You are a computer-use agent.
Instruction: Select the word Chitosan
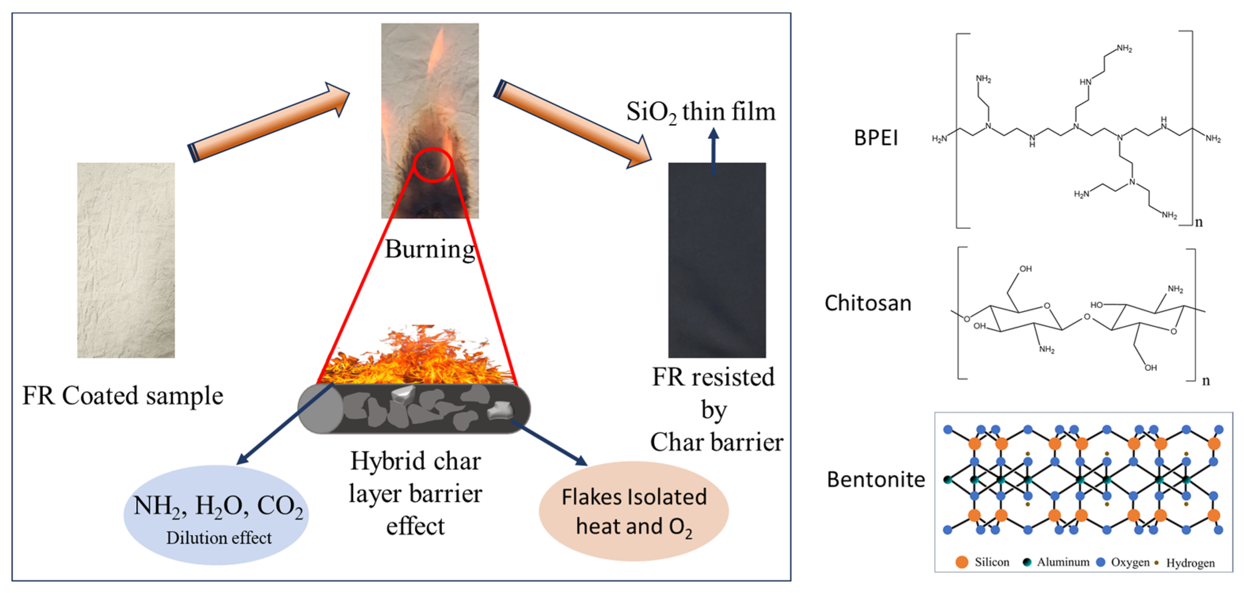pyautogui.click(x=868, y=303)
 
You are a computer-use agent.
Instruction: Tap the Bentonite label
pyautogui.click(x=876, y=480)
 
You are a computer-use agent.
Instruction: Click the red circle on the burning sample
pyautogui.click(x=432, y=165)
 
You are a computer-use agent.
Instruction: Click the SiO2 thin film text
pyautogui.click(x=701, y=112)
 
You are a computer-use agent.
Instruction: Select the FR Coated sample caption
pyautogui.click(x=123, y=395)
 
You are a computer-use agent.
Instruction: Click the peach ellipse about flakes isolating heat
pyautogui.click(x=634, y=511)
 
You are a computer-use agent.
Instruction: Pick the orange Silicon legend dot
pyautogui.click(x=962, y=562)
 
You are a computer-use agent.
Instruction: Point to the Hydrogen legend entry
pyautogui.click(x=1185, y=563)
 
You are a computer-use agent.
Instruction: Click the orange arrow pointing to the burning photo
pyautogui.click(x=269, y=123)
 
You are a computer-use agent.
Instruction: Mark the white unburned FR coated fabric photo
pyautogui.click(x=126, y=260)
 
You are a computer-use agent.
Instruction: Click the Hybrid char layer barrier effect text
pyautogui.click(x=415, y=493)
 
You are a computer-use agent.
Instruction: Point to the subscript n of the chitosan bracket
pyautogui.click(x=1206, y=381)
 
